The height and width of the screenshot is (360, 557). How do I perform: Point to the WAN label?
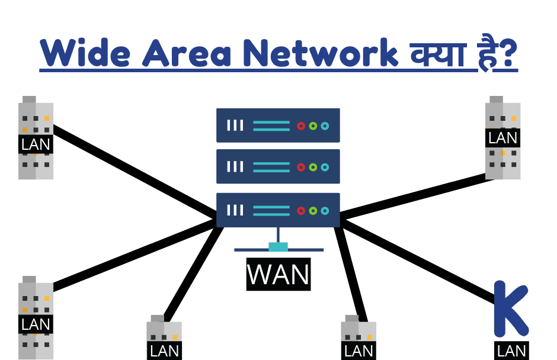coord(278,274)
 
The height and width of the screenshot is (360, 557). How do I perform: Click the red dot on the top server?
coord(301,126)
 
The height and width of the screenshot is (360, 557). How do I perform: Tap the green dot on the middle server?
coord(313,167)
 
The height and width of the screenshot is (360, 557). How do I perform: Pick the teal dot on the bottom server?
coord(325,210)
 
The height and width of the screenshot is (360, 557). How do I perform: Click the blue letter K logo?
coord(510,308)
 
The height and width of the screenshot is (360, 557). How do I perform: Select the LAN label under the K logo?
coord(511,350)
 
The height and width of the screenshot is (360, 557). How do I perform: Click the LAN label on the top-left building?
coord(36,144)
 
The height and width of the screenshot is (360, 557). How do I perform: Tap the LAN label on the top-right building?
coord(502,137)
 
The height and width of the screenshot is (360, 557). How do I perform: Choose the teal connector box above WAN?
coord(278,246)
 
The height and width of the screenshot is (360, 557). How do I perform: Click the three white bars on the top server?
coord(235,126)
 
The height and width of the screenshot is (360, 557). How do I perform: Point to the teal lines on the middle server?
coord(271,167)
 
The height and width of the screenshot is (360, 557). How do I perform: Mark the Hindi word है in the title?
coord(486,53)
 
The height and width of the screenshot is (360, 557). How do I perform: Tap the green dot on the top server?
coord(313,126)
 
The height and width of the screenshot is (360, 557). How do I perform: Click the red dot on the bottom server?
coord(301,210)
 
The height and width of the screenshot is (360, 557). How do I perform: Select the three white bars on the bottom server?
coord(235,210)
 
